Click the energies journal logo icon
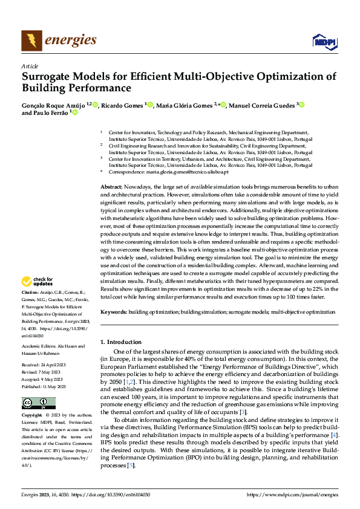[x=31, y=41]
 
